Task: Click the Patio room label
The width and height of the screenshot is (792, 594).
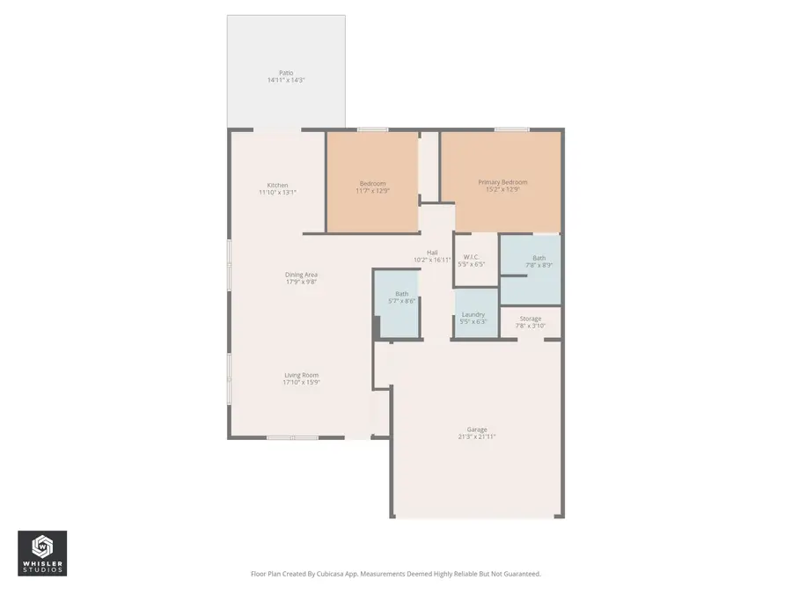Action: [x=286, y=73]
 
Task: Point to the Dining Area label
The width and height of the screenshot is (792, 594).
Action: [x=300, y=275]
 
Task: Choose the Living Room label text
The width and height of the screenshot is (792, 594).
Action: [x=300, y=375]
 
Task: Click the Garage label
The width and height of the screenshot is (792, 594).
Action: [x=477, y=429]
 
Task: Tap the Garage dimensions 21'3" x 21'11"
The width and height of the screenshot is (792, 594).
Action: [x=477, y=437]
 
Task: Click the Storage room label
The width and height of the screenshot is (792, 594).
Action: [x=530, y=319]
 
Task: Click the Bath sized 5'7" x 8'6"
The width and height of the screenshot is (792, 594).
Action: [x=401, y=297]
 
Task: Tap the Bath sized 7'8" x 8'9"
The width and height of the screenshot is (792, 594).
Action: [x=539, y=261]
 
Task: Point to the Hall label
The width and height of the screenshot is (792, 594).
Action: [x=432, y=253]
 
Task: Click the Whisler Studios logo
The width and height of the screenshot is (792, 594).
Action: [x=42, y=554]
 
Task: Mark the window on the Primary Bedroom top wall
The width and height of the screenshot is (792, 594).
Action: [x=511, y=130]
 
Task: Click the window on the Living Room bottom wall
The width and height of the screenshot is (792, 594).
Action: [x=292, y=437]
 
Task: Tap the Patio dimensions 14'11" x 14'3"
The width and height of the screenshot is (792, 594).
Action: [x=286, y=80]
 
